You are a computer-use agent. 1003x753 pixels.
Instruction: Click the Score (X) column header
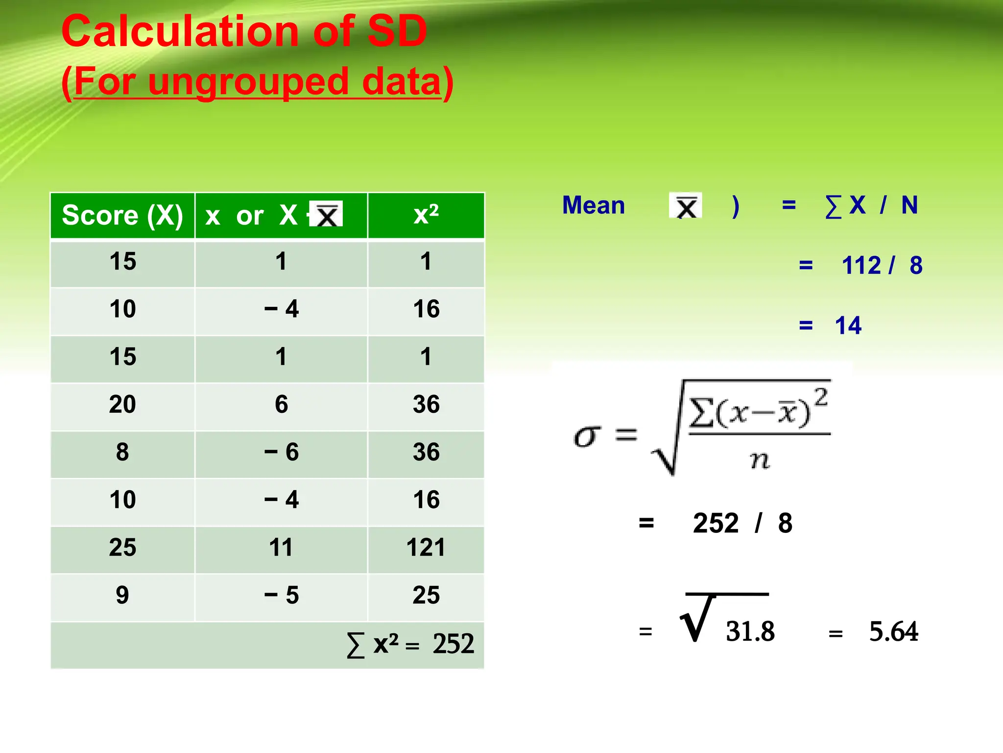tap(122, 215)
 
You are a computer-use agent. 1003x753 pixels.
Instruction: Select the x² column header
tap(426, 215)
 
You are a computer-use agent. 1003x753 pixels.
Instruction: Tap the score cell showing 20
tap(122, 404)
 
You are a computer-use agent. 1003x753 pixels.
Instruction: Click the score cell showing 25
tap(122, 548)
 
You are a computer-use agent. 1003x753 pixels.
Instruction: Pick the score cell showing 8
tap(122, 452)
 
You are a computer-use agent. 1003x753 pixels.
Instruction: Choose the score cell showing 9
tap(122, 595)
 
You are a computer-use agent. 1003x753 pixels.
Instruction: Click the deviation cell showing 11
tap(281, 548)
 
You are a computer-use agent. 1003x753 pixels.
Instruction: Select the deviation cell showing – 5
tap(281, 595)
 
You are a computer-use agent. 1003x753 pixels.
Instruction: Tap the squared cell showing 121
tap(426, 548)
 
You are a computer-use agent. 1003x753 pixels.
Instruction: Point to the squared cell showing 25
tap(426, 595)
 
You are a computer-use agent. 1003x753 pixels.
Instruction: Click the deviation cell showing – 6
tap(281, 452)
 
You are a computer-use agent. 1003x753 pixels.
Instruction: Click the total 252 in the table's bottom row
tap(453, 644)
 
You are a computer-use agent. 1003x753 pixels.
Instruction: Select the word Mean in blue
tap(594, 205)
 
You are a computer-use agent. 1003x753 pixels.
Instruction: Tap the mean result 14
tap(848, 326)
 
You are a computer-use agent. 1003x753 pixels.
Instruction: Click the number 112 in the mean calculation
tap(861, 266)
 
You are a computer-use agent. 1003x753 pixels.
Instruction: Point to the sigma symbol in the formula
tap(587, 436)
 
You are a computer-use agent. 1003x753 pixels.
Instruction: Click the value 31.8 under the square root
tap(750, 631)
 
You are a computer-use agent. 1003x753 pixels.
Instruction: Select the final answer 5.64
tap(893, 631)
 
